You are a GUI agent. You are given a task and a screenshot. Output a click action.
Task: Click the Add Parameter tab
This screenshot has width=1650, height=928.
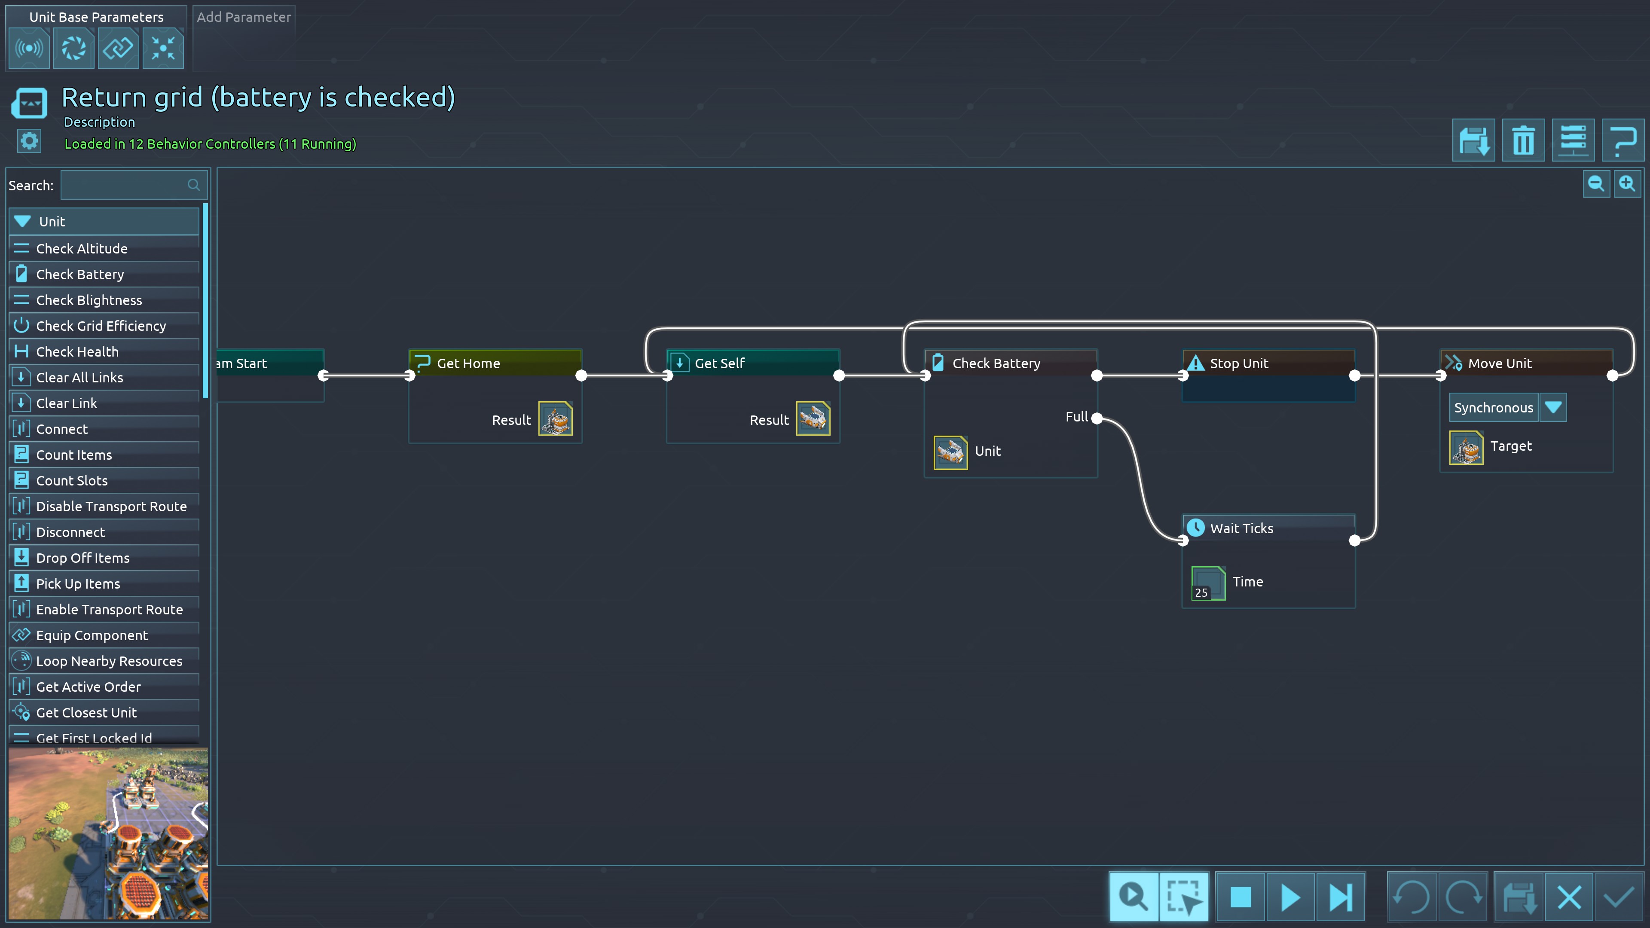tap(243, 17)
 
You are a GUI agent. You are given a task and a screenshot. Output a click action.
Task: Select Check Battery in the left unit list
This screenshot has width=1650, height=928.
tap(80, 274)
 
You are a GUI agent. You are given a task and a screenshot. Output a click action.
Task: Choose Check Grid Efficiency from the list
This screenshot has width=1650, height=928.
tap(101, 326)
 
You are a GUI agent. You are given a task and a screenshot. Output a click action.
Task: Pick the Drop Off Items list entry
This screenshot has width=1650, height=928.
tap(82, 558)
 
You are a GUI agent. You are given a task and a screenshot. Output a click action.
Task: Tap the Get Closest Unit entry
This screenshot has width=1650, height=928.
tap(86, 712)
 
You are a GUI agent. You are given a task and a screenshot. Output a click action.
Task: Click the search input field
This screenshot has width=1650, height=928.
tap(125, 185)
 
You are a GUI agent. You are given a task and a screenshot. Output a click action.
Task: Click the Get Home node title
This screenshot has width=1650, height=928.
tap(468, 363)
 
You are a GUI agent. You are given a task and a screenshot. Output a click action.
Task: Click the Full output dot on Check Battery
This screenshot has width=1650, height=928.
tap(1097, 418)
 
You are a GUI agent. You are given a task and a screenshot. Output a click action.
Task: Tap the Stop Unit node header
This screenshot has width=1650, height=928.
tap(1239, 363)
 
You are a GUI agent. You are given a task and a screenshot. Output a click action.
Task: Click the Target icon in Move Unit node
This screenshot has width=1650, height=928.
tap(1466, 447)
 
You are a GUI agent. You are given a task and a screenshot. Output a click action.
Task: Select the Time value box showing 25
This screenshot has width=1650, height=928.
tap(1208, 583)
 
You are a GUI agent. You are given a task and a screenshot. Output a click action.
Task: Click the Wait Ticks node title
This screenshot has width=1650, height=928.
tap(1241, 528)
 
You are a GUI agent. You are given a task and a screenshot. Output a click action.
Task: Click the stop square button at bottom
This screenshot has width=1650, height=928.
tap(1241, 897)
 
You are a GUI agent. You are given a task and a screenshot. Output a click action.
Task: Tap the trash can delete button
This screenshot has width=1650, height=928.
tap(1523, 140)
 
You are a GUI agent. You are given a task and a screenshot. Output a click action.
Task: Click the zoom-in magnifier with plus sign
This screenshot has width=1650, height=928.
tap(1627, 184)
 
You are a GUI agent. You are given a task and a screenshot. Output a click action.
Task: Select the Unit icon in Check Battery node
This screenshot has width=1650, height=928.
tap(950, 452)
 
